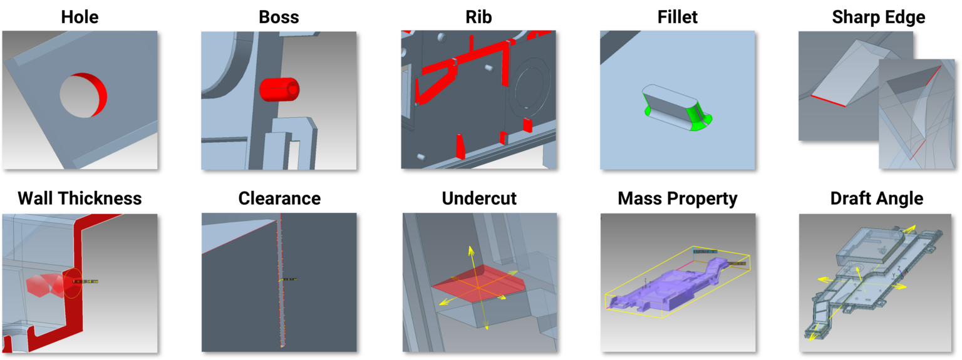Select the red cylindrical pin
[279, 89]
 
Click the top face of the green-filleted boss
[669, 100]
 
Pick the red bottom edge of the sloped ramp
[828, 101]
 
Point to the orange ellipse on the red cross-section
[73, 283]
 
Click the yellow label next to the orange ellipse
[86, 282]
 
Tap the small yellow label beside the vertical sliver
[289, 279]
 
